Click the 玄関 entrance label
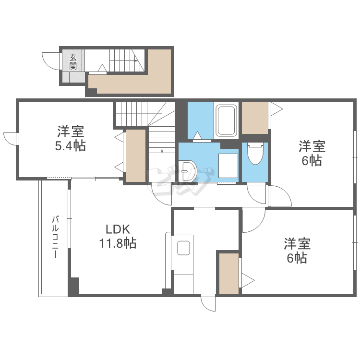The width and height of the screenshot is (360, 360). (x=73, y=61)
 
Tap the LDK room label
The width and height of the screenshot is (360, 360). (x=118, y=229)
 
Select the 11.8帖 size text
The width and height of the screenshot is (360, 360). (x=118, y=243)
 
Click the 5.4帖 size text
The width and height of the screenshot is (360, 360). (x=70, y=146)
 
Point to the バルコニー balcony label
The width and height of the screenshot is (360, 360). (x=55, y=238)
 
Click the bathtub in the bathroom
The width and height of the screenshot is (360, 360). (x=226, y=120)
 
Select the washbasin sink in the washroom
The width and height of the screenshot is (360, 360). (x=188, y=170)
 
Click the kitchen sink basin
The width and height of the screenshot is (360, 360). (x=184, y=248)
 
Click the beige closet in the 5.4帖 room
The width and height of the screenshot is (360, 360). (x=135, y=155)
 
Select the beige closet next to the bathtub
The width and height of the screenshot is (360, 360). (x=254, y=118)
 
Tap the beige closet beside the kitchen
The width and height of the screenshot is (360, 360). (x=229, y=273)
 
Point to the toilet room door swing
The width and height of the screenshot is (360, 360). (x=257, y=194)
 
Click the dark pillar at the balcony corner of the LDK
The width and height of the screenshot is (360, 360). (x=73, y=286)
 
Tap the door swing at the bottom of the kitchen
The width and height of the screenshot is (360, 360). (x=209, y=303)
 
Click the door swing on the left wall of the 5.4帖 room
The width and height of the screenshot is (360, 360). (x=11, y=137)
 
